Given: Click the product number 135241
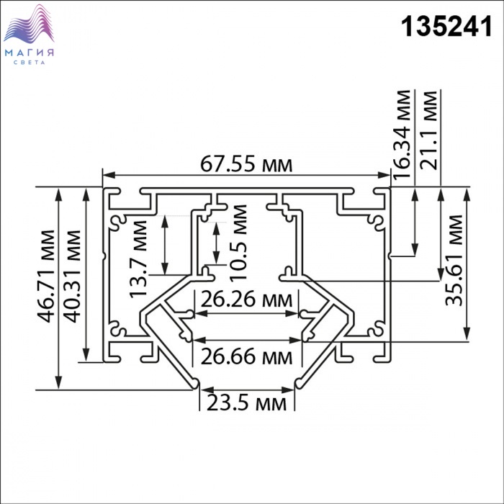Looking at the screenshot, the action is pyautogui.click(x=446, y=27).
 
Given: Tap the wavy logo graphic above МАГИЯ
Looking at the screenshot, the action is pyautogui.click(x=29, y=24).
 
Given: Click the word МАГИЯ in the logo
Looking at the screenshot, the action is pyautogui.click(x=30, y=53).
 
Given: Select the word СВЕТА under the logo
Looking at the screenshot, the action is pyautogui.click(x=30, y=63).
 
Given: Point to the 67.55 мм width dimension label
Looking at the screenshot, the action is pyautogui.click(x=246, y=164).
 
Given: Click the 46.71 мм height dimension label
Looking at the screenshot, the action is pyautogui.click(x=46, y=276).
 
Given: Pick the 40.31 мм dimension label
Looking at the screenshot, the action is pyautogui.click(x=72, y=276).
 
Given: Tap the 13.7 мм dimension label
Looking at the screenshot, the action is pyautogui.click(x=138, y=259).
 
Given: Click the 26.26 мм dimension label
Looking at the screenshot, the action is pyautogui.click(x=246, y=300).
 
